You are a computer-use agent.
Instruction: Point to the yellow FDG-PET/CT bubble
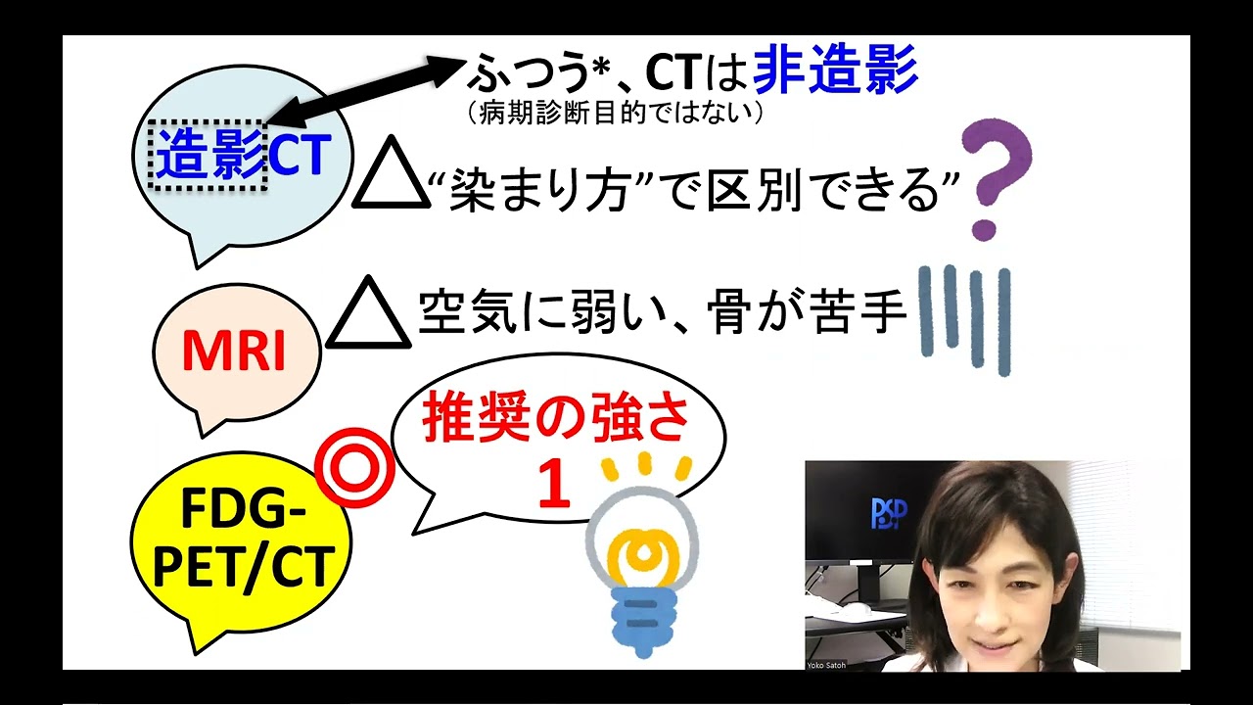click(x=241, y=544)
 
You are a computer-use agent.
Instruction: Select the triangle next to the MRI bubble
click(x=368, y=314)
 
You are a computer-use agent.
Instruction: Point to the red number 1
click(x=554, y=486)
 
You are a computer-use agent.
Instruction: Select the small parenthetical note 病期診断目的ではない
click(x=615, y=114)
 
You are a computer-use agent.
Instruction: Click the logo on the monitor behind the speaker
click(x=889, y=513)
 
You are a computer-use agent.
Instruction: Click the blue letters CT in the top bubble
click(x=300, y=157)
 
